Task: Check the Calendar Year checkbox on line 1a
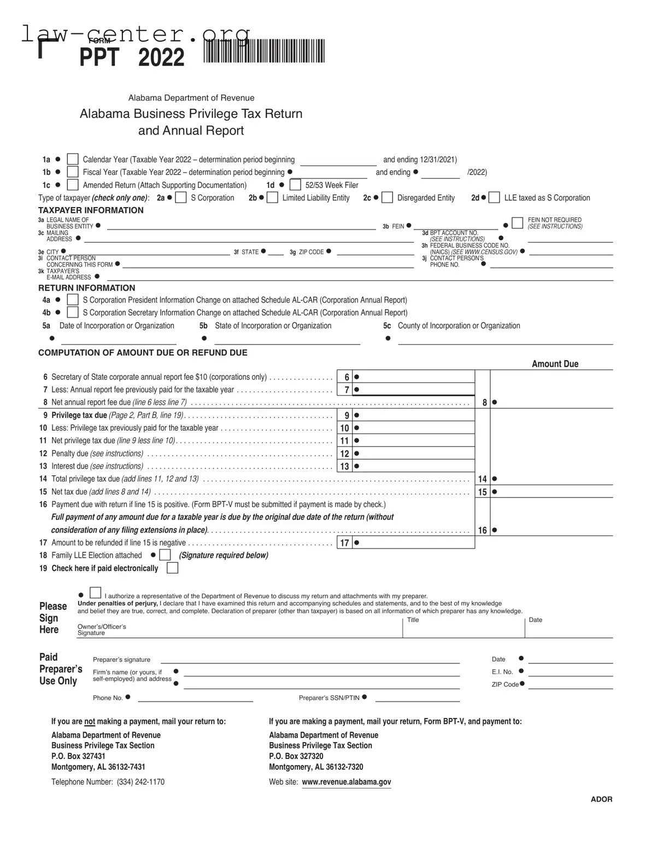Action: click(73, 159)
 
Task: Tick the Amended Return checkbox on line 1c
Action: click(73, 185)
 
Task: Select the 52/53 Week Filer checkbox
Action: click(295, 185)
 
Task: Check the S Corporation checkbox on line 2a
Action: click(181, 197)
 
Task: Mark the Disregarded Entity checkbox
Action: click(387, 197)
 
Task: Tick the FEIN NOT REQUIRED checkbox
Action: click(517, 223)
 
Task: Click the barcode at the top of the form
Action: click(264, 52)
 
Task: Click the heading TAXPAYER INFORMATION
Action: click(91, 210)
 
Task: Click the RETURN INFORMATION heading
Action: click(86, 288)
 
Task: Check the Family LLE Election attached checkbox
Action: click(165, 555)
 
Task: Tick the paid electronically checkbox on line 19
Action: click(172, 568)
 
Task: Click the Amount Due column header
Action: click(555, 364)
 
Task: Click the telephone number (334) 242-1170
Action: click(140, 782)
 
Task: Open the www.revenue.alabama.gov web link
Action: click(346, 782)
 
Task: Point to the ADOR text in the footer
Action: click(601, 799)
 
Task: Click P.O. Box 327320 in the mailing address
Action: click(296, 756)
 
